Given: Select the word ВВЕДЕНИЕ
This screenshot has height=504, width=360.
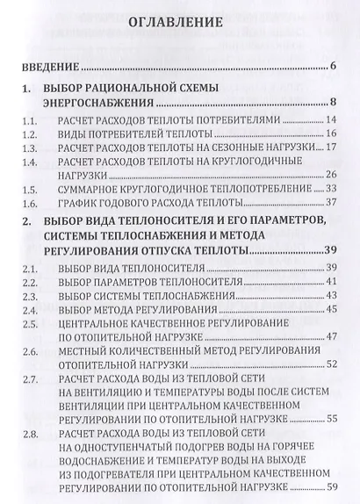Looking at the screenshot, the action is pos(52,68).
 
